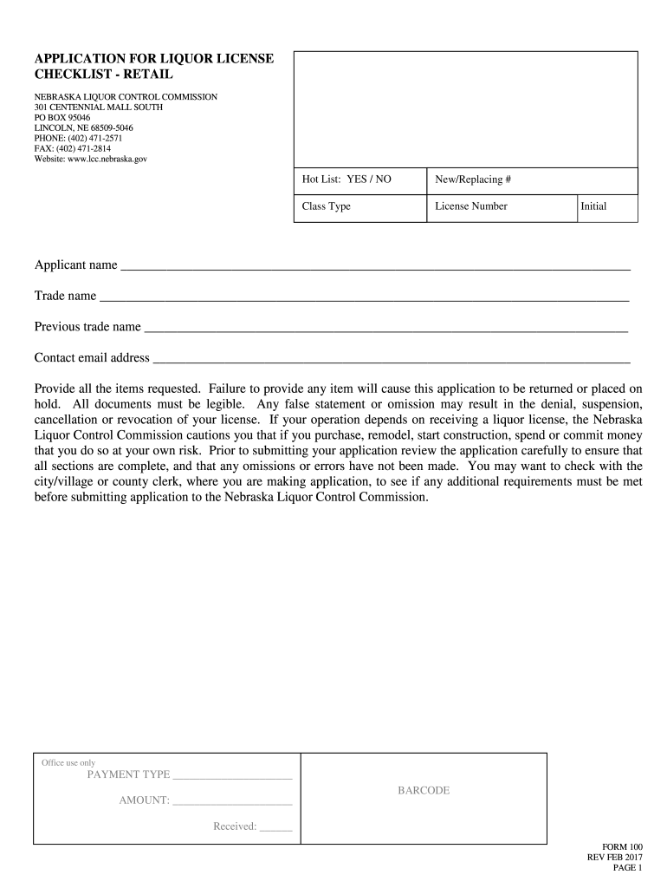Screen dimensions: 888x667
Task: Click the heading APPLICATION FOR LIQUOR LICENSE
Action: point(153,58)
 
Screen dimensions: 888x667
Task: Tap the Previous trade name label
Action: point(87,327)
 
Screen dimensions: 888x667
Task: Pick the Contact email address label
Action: point(92,358)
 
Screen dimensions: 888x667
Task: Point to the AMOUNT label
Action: point(144,800)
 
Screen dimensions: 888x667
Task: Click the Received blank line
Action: point(276,828)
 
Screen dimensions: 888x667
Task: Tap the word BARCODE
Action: point(424,791)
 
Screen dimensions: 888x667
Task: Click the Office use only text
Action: point(68,762)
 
